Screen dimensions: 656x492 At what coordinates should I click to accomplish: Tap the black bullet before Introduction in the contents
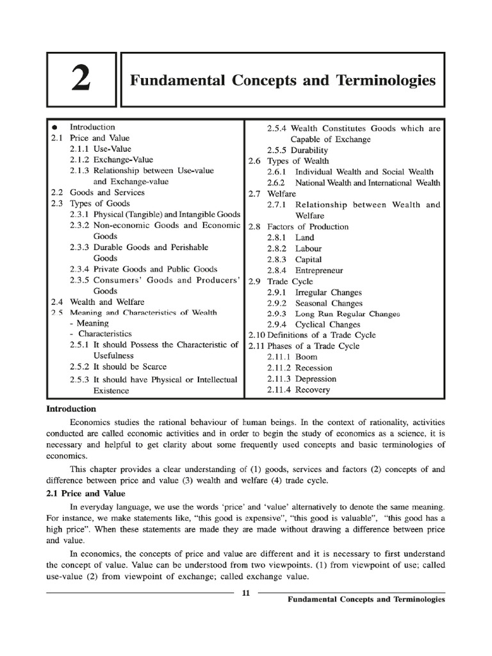point(55,127)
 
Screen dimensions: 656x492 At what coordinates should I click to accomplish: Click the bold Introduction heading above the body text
point(70,409)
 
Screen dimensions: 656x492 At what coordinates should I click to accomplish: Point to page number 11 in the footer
point(245,592)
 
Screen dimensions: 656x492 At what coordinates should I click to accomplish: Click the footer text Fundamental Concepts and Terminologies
point(365,600)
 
